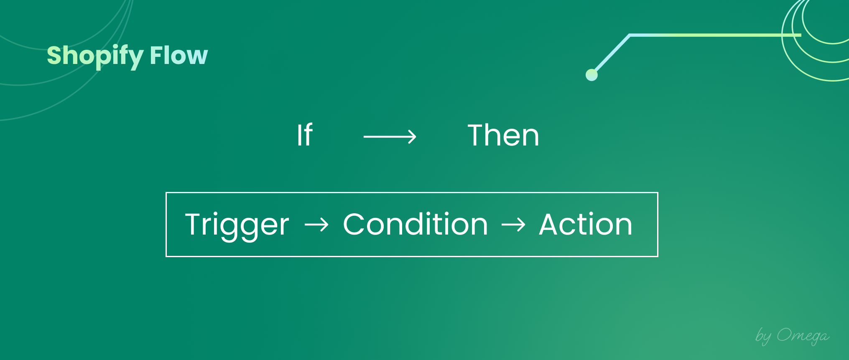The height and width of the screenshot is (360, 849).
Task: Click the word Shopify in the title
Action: (95, 56)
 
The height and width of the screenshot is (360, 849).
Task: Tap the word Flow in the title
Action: (179, 55)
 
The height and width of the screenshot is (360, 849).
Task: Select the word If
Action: (305, 135)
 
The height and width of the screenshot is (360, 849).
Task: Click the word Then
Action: (503, 135)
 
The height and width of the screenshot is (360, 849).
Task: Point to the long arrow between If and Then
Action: (390, 137)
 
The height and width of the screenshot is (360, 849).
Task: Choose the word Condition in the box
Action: (416, 224)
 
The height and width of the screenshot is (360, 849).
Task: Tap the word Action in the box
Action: (586, 224)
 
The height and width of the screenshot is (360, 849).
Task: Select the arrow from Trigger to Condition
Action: (316, 225)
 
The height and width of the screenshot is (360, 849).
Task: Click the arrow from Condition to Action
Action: (513, 225)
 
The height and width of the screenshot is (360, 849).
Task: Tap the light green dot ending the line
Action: (591, 75)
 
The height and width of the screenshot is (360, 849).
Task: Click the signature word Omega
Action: (803, 336)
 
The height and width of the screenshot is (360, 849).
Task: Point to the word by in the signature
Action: (763, 336)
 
